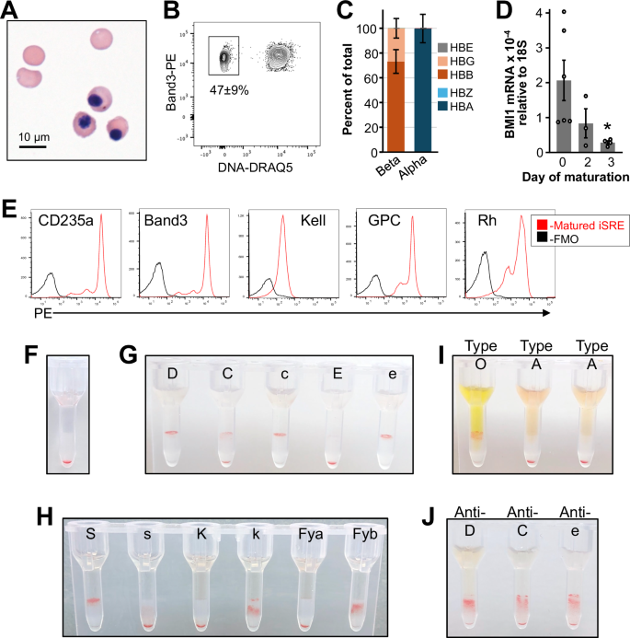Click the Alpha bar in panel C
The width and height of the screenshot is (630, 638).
click(x=424, y=87)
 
